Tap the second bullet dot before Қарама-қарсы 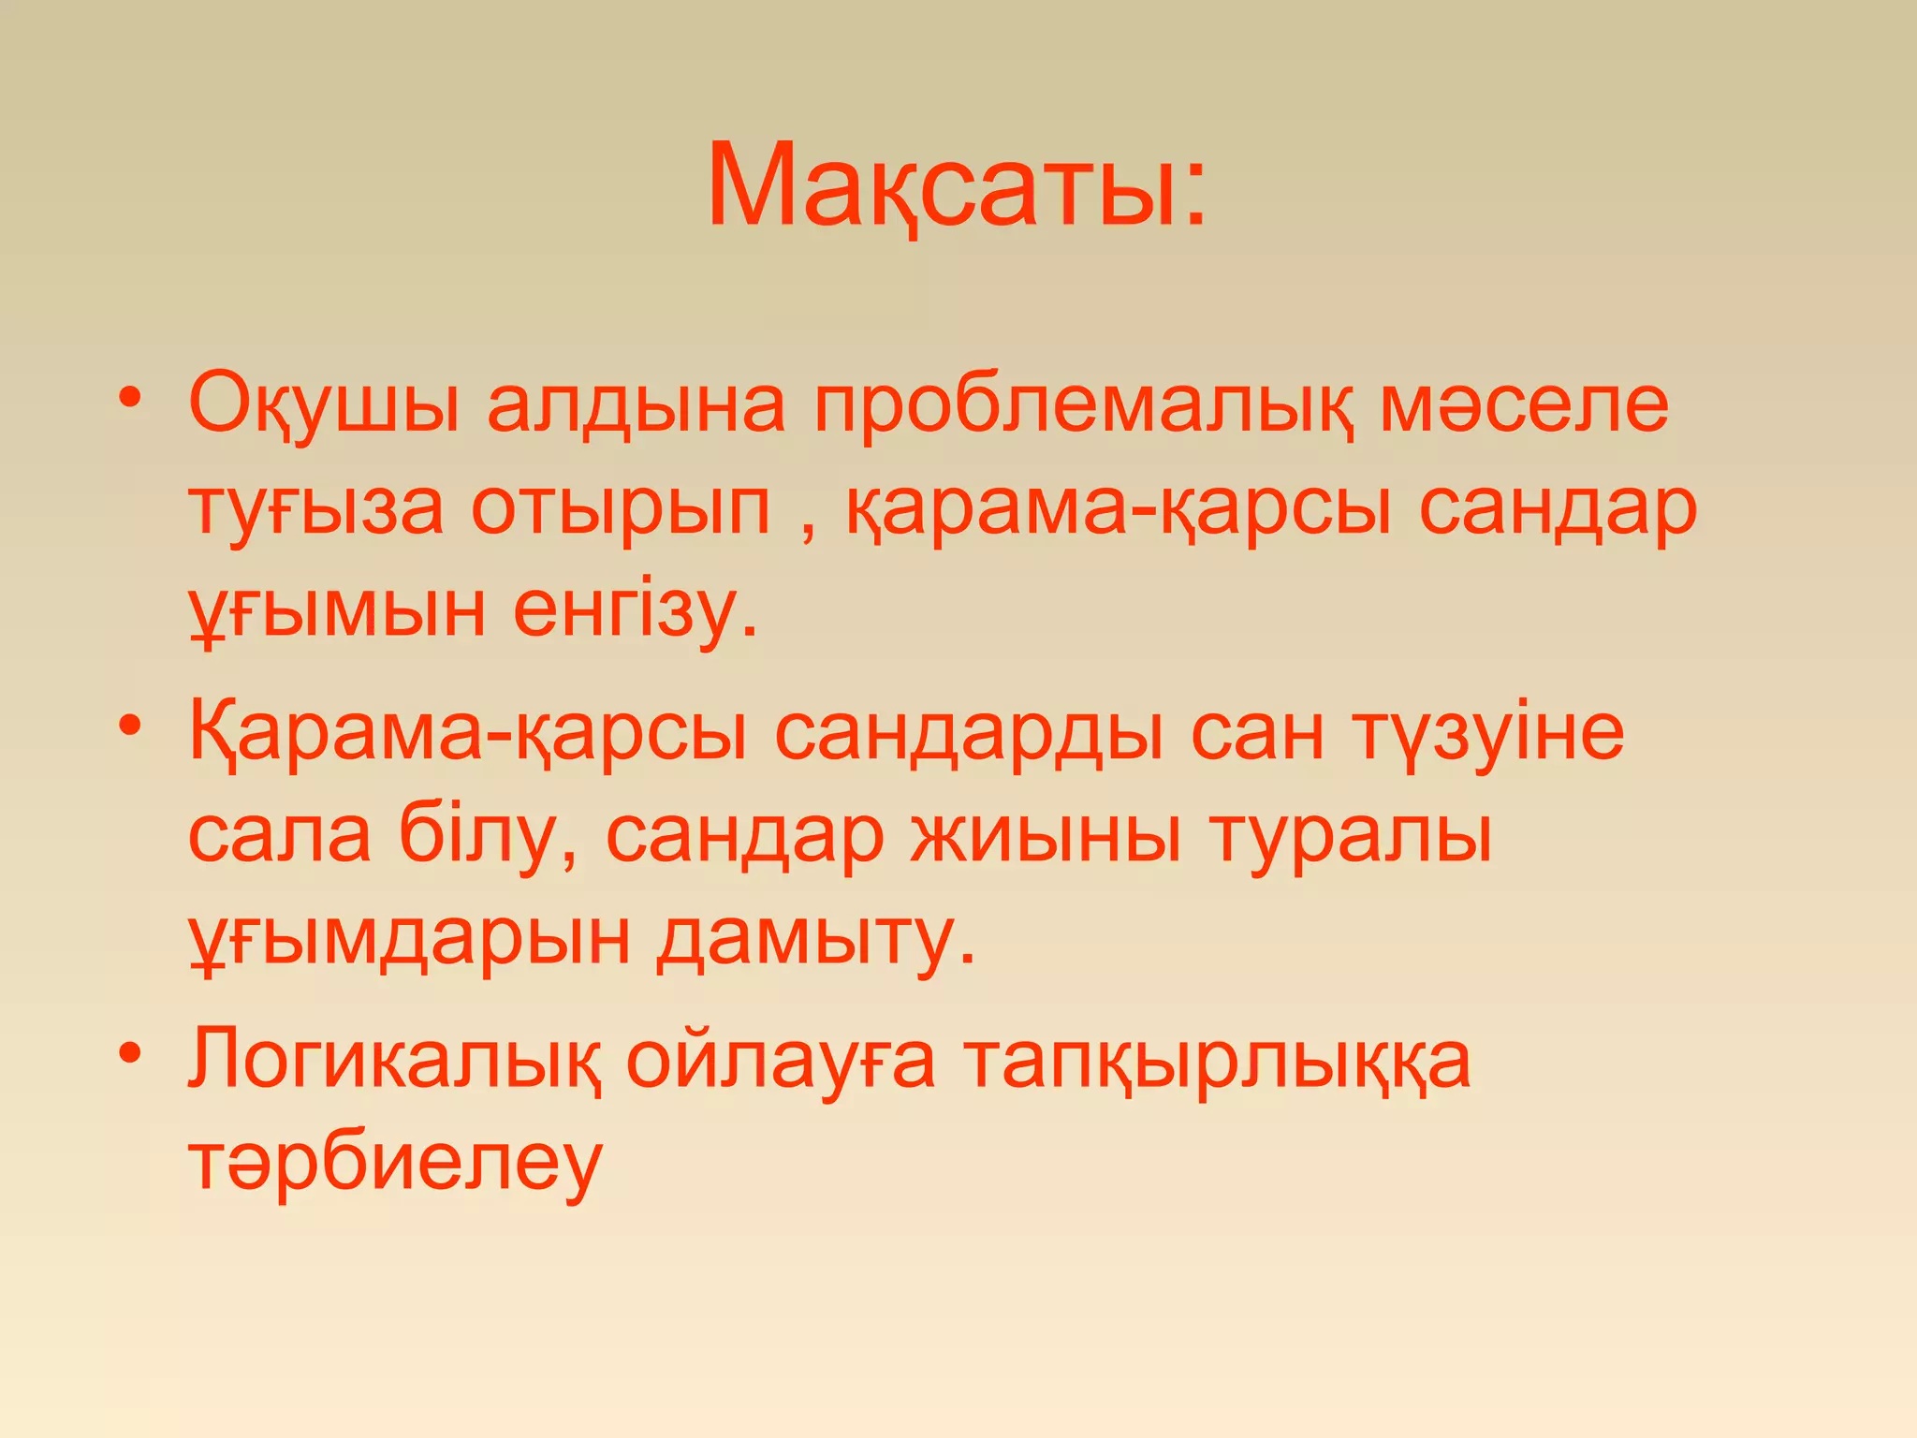130,725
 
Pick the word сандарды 969,733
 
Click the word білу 487,834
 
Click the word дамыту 814,939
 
